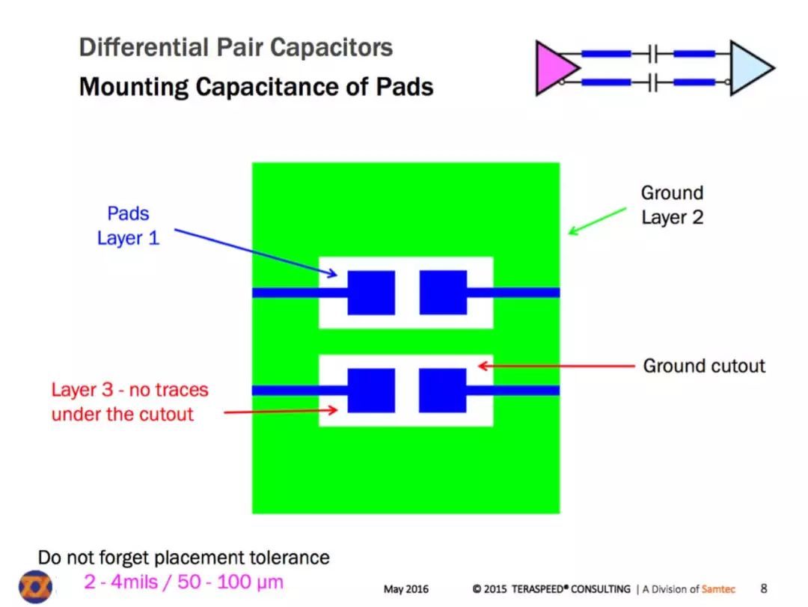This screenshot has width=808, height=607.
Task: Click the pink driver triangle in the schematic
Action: [x=554, y=68]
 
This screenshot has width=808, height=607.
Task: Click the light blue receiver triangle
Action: [x=748, y=68]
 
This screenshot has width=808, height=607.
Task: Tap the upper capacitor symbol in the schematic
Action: [x=653, y=54]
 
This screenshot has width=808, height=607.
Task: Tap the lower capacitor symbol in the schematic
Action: [x=653, y=82]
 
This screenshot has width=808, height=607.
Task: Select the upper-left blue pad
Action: [x=371, y=293]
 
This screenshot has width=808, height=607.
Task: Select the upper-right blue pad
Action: [x=443, y=293]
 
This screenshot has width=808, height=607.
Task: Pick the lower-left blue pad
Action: [x=371, y=391]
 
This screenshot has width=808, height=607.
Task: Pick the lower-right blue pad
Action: [x=443, y=391]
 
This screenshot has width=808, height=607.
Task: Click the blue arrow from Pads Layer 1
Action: [x=256, y=253]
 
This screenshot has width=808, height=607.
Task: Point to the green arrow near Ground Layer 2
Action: [x=597, y=222]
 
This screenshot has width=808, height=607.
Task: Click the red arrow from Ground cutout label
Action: [x=556, y=366]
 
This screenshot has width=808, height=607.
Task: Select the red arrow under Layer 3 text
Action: [x=281, y=411]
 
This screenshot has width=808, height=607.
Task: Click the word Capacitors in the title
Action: [x=331, y=47]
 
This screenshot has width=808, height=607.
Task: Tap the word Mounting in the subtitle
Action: [x=133, y=87]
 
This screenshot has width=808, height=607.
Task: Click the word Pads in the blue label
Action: [x=128, y=213]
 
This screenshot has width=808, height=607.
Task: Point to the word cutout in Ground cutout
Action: [x=735, y=366]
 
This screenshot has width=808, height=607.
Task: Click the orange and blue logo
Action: [x=36, y=587]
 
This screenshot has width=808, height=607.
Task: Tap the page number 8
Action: [x=764, y=588]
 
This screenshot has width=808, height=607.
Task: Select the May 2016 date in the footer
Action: [x=406, y=589]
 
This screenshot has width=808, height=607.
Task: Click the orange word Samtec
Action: [x=718, y=589]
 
